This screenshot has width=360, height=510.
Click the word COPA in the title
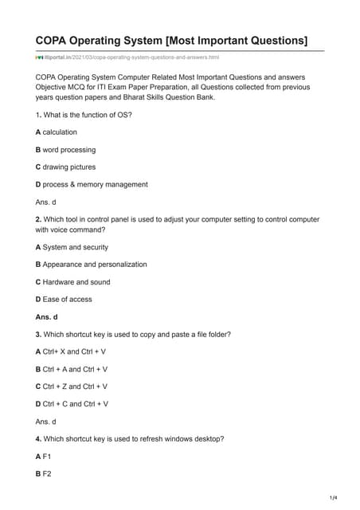pos(53,40)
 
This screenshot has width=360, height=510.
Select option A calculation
pos(57,131)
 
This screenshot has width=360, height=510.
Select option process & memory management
pos(92,184)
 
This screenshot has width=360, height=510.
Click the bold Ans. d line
pos(49,316)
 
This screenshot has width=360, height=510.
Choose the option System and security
pos(72,247)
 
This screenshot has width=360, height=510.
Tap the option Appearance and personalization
pos(91,264)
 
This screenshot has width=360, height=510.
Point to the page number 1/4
pos(333,497)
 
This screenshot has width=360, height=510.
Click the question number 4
pos(38,438)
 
